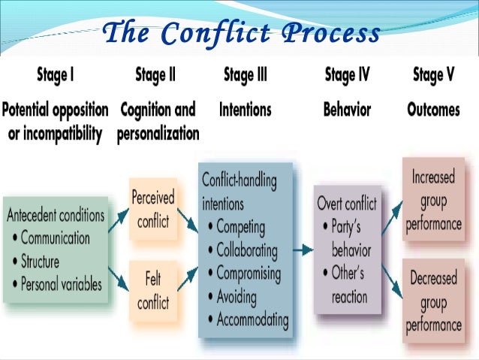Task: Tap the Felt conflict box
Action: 152,292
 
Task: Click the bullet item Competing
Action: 241,227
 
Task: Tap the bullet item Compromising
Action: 248,274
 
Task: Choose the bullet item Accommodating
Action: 252,319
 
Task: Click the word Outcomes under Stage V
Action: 433,110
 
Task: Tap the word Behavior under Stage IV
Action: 347,110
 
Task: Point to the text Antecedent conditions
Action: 56,216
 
